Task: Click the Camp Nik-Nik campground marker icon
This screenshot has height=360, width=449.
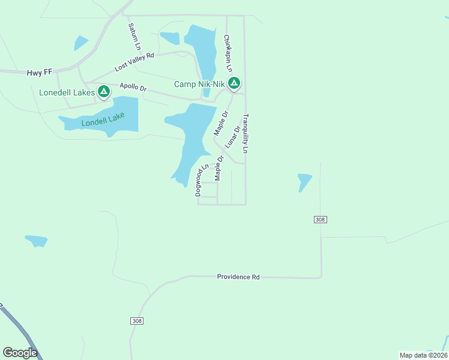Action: coord(234,83)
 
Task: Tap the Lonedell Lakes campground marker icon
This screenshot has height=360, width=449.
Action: coord(104,92)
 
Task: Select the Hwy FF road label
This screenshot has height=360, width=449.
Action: coord(40,73)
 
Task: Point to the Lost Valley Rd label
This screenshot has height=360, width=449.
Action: coord(134,62)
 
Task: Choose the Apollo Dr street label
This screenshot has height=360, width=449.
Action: coord(133,87)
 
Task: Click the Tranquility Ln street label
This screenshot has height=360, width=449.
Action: coord(246,133)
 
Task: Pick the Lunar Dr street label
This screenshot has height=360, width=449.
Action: coord(233,137)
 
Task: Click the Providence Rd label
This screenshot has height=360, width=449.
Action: coord(238,277)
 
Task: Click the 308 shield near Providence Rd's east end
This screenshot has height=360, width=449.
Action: coord(320,220)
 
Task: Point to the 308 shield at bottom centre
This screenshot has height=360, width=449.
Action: coord(137,321)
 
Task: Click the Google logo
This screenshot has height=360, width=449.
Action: coord(20,353)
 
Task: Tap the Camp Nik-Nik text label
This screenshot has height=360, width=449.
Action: coord(199,84)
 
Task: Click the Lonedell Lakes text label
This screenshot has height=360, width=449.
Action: coord(67,92)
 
